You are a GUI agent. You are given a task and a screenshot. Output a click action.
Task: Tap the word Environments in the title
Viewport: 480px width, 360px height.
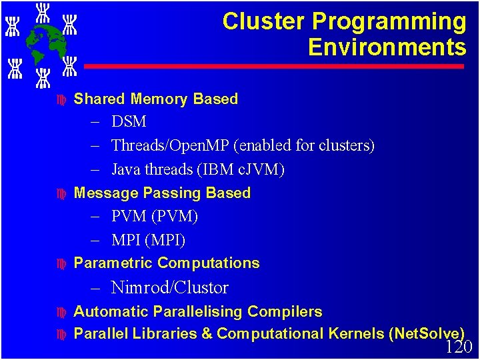click(x=387, y=47)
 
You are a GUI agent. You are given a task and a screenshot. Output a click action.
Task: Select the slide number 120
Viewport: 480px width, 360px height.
click(x=458, y=347)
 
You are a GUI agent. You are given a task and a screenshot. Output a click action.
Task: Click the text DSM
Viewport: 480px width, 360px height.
click(x=129, y=122)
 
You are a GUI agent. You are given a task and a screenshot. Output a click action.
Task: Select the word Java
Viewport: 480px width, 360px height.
click(x=125, y=169)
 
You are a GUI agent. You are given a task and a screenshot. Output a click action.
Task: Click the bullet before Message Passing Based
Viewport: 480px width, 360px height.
click(x=61, y=194)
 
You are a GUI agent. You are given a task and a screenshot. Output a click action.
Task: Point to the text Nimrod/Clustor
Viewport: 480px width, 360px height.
click(x=169, y=287)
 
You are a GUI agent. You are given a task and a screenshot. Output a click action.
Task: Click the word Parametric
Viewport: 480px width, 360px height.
click(x=113, y=263)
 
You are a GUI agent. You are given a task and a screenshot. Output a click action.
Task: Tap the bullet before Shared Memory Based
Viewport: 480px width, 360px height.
click(x=61, y=100)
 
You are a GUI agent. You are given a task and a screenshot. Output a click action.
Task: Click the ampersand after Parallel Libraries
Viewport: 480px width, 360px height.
click(x=206, y=333)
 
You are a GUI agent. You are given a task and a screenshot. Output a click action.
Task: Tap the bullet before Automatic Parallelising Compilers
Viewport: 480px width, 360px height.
click(x=61, y=312)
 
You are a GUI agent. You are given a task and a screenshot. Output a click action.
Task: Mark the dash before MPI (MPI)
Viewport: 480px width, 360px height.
click(x=94, y=240)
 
